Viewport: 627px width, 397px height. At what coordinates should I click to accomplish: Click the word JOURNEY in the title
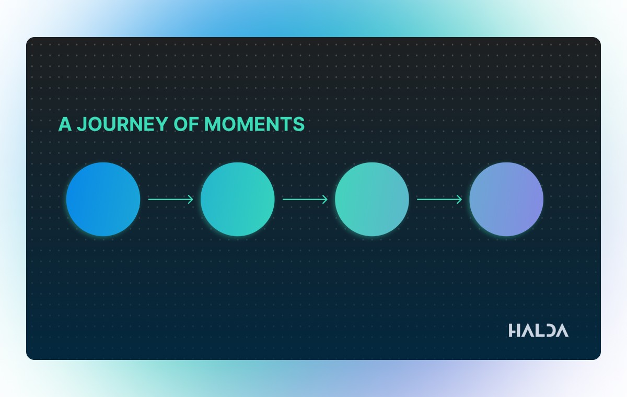122,124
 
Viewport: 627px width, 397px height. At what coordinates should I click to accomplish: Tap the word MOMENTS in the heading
254,124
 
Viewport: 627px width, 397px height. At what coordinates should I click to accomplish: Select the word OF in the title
186,124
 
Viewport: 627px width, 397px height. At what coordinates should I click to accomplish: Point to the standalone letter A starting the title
65,124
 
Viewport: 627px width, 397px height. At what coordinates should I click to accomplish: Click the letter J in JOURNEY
82,124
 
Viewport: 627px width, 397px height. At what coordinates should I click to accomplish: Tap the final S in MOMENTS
298,124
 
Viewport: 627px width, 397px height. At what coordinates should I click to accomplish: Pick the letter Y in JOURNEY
161,124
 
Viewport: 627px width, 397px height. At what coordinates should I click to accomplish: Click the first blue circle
103,199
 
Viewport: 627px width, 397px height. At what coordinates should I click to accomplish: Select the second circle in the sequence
238,199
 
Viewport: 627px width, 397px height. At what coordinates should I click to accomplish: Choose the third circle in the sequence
372,199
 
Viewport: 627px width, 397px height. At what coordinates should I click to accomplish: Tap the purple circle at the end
506,199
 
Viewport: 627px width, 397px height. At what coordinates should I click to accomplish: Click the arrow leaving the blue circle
170,199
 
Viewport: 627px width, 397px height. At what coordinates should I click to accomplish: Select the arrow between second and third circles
305,199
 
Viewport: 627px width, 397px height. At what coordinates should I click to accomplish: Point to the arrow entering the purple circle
439,199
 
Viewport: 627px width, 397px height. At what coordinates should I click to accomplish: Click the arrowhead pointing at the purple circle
460,199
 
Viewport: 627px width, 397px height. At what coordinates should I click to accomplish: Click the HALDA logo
539,331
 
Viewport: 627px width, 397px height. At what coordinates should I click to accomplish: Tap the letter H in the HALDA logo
514,331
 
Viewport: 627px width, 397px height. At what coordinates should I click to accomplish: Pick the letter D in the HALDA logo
548,331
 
